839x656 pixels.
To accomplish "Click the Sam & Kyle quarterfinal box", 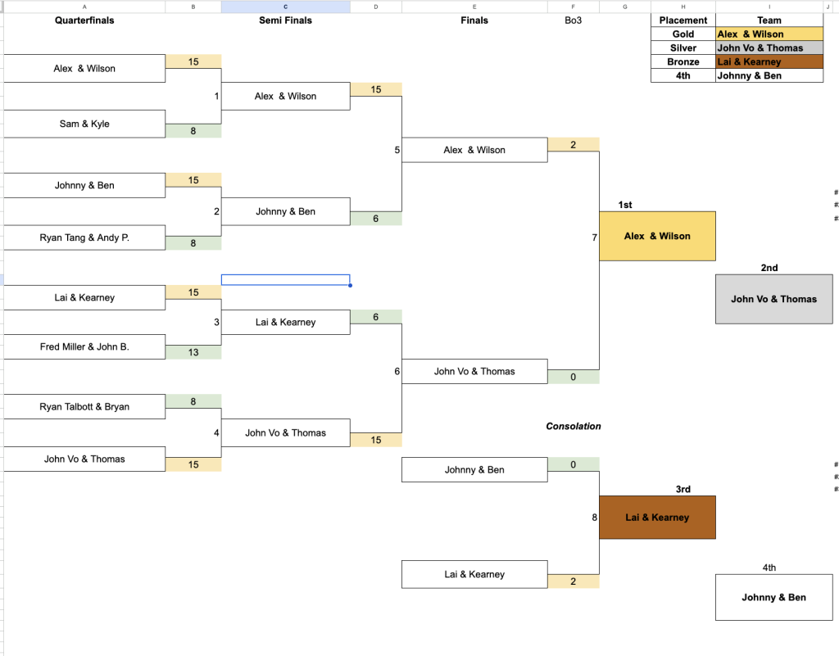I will pos(84,124).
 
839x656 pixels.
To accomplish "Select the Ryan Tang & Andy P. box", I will pos(84,238).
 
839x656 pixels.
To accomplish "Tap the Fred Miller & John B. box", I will pos(84,346).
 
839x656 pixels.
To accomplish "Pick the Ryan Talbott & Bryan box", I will pos(84,406).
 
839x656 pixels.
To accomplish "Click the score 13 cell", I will pos(193,352).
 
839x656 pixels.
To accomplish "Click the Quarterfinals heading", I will pos(84,20).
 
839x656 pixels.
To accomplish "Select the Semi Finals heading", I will pos(285,20).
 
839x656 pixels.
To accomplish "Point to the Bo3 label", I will pos(573,20).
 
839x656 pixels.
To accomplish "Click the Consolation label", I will pos(574,426).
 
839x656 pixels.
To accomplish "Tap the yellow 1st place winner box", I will pos(657,236).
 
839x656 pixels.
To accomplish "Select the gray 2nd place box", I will pos(773,299).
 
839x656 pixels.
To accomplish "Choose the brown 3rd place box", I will pos(657,518).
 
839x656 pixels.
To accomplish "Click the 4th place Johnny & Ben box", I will pos(773,597).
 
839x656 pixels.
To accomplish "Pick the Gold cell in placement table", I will pos(683,34).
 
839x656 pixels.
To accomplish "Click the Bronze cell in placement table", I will pos(683,62).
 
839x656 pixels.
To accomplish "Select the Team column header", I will pos(769,20).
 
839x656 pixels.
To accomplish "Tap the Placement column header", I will pos(683,20).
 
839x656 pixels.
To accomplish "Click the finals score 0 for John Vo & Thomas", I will pos(573,378).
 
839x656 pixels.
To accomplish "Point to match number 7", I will pos(594,238).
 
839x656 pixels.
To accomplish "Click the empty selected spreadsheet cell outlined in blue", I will pos(285,279).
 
